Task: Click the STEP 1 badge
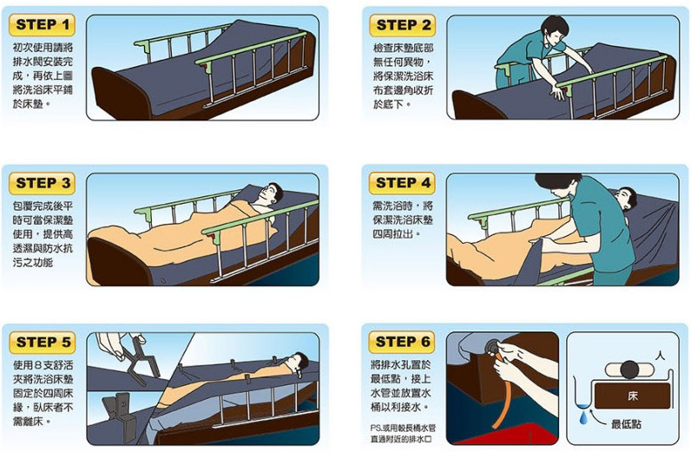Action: [42, 24]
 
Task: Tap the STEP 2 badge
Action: [402, 25]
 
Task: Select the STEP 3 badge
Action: [42, 183]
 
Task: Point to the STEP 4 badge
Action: [402, 183]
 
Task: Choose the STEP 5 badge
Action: [43, 342]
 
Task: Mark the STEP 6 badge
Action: [402, 342]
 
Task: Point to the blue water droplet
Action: [583, 417]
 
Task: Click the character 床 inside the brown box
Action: [632, 396]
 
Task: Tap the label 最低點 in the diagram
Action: [626, 423]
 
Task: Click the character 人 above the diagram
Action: [660, 355]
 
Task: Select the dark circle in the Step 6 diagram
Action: [629, 370]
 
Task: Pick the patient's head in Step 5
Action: [299, 363]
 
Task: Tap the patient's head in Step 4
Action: [626, 199]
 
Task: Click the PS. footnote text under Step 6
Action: [403, 434]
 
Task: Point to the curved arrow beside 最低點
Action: [598, 418]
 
